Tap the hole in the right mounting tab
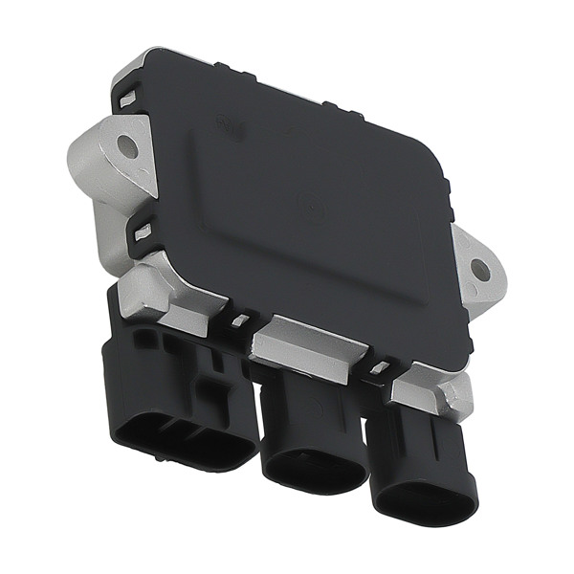481,271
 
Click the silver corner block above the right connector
435,387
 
